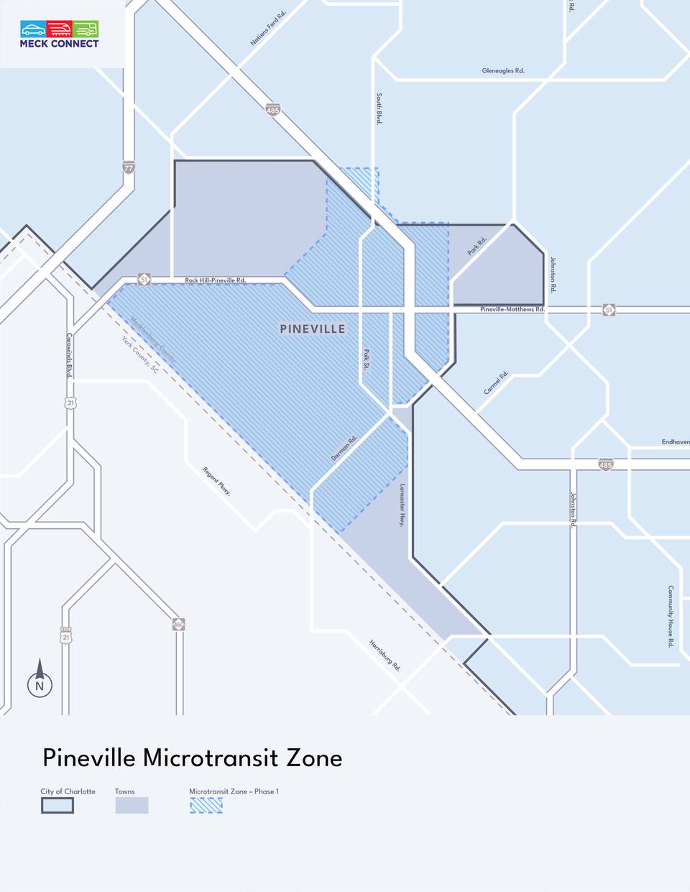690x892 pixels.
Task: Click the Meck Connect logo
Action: coord(60,34)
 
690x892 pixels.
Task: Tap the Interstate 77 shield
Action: coord(129,167)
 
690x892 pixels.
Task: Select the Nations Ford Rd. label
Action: coord(268,29)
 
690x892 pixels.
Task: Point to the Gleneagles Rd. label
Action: coord(503,71)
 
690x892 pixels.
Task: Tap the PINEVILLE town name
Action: coord(313,329)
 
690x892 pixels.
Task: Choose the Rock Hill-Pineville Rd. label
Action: coord(215,280)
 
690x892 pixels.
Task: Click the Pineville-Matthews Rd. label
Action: coord(512,309)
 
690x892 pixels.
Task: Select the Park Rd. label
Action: coord(477,246)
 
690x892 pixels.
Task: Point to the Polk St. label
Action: coord(366,359)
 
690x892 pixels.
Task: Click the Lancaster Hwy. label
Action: coord(402,505)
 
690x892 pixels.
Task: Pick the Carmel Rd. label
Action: coord(496,382)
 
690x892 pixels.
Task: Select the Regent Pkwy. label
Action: coord(216,482)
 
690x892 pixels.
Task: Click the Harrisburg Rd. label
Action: coord(385,655)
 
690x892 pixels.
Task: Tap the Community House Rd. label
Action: coord(671,616)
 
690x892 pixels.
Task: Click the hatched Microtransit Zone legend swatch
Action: coord(206,806)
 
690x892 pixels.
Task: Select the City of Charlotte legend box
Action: coord(57,806)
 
